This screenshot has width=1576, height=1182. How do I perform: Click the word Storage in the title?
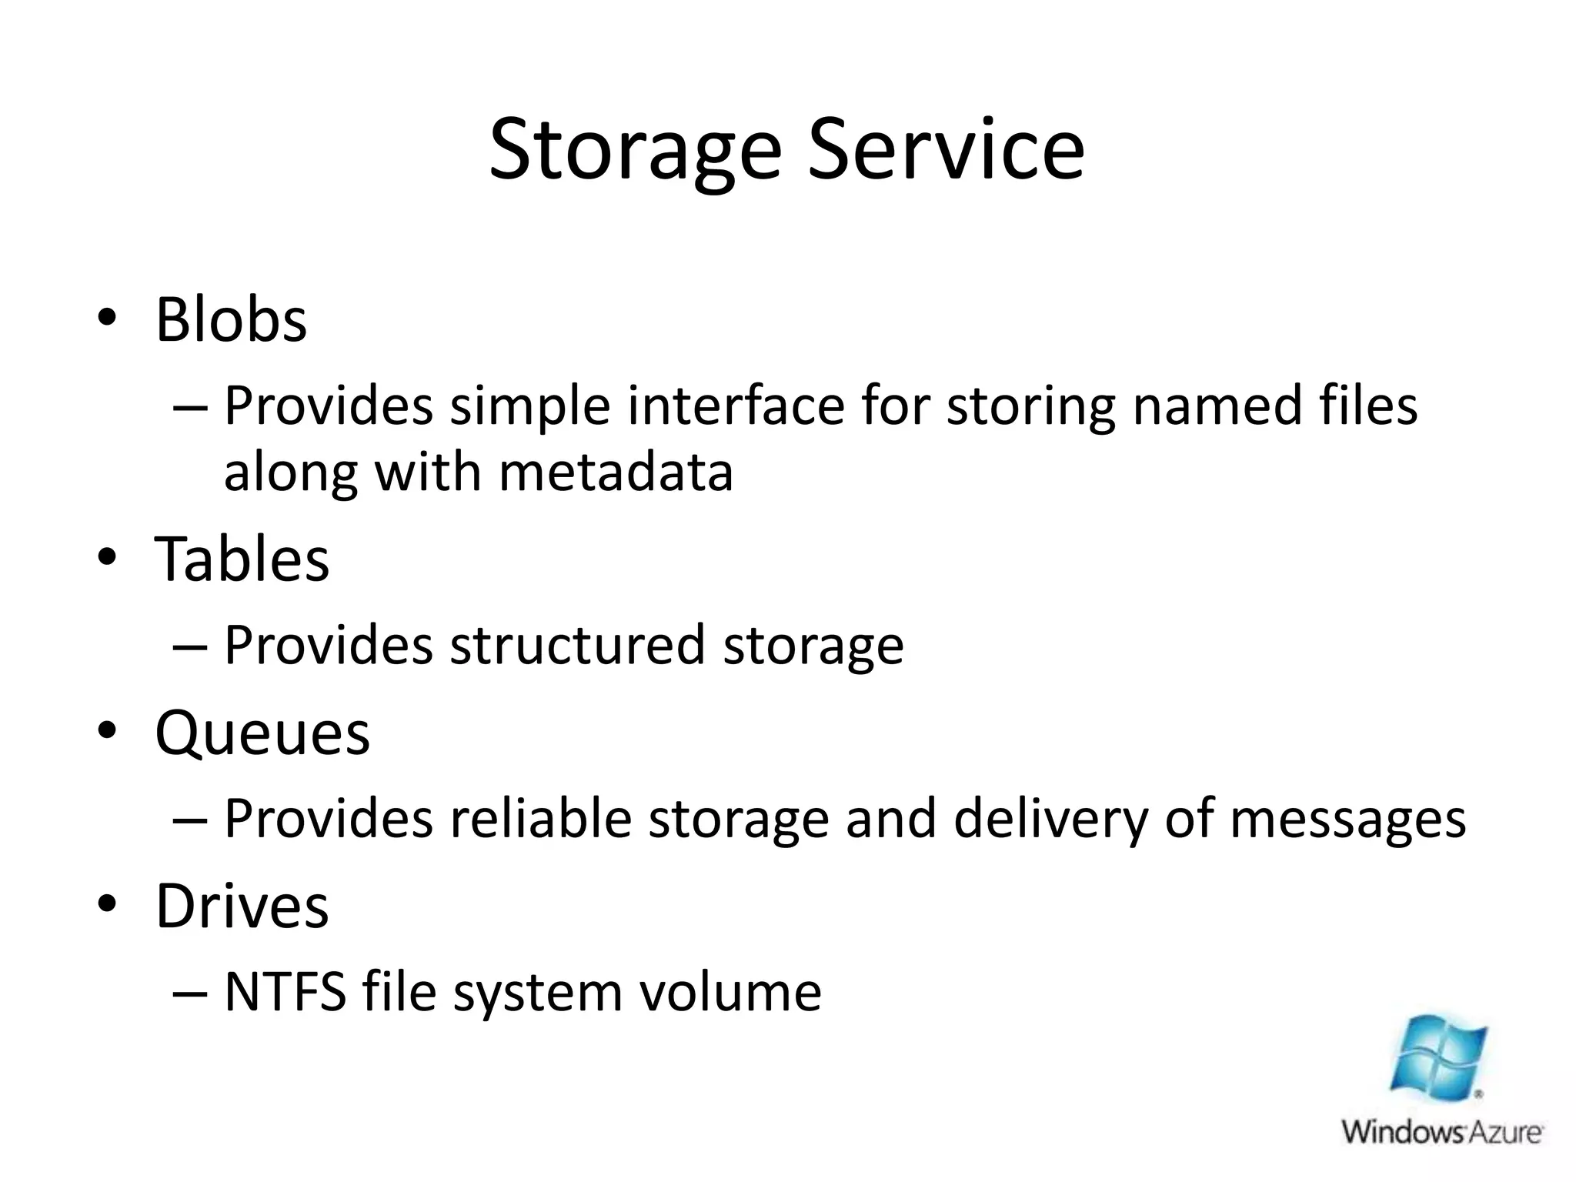(636, 151)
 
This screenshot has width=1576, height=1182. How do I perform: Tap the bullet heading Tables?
(242, 559)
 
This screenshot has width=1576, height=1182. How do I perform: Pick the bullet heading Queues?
(262, 733)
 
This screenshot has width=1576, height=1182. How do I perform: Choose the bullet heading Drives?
(242, 906)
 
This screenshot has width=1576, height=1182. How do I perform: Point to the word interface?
(736, 406)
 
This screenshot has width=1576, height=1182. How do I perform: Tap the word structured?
(577, 644)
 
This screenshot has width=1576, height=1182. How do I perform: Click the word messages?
(1347, 820)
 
